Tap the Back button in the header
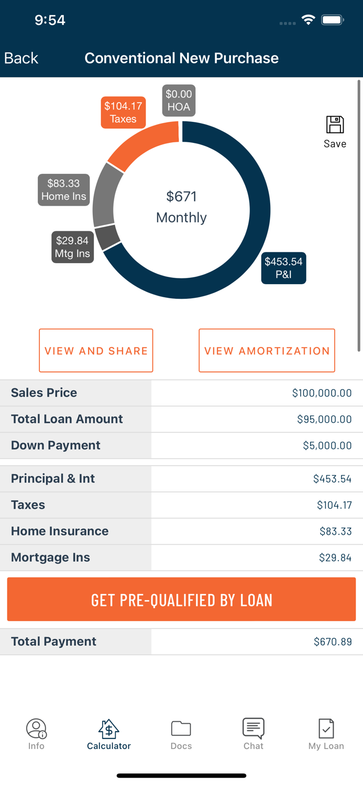point(21,58)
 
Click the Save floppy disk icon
point(335,126)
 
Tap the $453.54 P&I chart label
point(283,268)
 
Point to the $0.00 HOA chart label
point(179,100)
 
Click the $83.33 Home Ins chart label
point(63,190)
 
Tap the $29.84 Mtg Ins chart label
point(72,247)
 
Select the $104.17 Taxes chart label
point(123,113)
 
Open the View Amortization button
point(267,351)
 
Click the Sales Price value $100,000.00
point(322,393)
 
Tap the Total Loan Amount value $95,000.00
point(324,419)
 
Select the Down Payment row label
point(56,445)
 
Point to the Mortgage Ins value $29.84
point(335,558)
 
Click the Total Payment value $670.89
point(333,642)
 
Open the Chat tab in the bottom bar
point(254,733)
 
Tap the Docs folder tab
point(181,733)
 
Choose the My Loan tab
point(326,733)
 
